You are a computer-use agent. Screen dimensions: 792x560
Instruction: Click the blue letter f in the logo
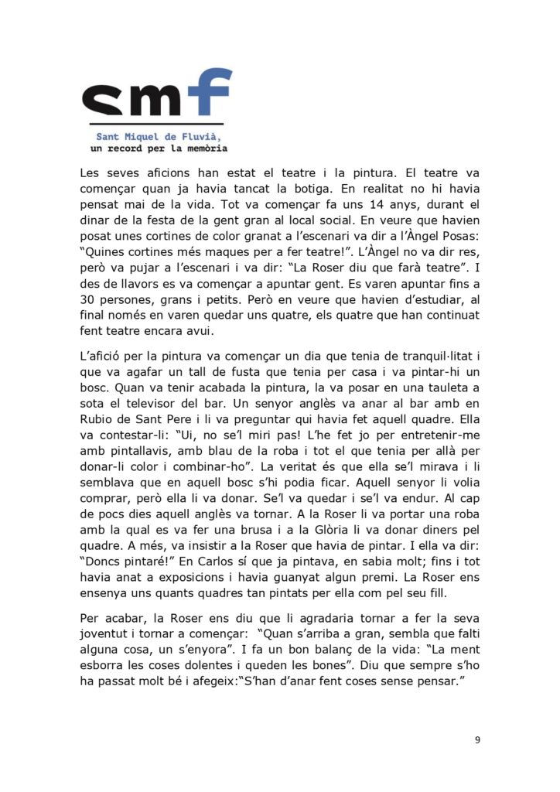pos(210,94)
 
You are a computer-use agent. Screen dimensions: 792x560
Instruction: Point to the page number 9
pos(477,740)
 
